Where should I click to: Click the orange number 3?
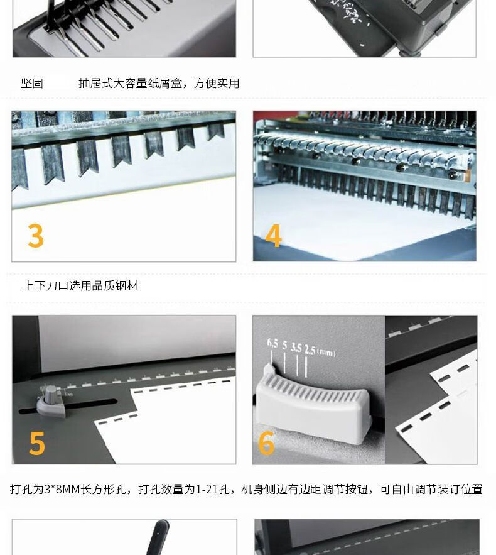tap(36, 235)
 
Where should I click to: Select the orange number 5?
tap(37, 442)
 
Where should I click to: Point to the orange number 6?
tap(267, 442)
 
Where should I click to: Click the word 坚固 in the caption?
tap(32, 83)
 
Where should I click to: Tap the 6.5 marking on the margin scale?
tap(272, 343)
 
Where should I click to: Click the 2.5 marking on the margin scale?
tap(310, 349)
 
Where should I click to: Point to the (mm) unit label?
tap(326, 352)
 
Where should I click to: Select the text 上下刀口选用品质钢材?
tap(80, 285)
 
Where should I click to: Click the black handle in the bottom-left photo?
tap(158, 537)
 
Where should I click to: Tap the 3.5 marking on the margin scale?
tap(296, 348)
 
